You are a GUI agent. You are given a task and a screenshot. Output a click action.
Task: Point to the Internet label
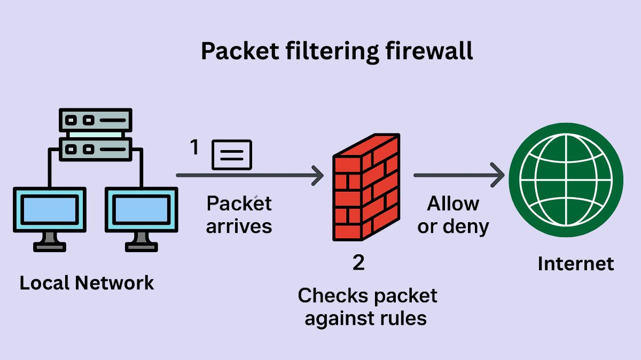tap(576, 264)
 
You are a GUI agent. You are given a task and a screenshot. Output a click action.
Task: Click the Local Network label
tap(87, 283)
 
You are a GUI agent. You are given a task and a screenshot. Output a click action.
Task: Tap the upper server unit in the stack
tap(96, 120)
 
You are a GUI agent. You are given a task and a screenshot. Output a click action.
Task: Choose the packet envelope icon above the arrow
tap(232, 155)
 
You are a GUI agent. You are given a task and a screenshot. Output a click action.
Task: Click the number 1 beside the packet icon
tap(196, 148)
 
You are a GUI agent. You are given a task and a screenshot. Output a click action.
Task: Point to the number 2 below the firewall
tap(358, 263)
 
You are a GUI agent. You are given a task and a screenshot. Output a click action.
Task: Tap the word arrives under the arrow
tap(239, 226)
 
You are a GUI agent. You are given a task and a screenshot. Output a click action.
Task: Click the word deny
tap(468, 226)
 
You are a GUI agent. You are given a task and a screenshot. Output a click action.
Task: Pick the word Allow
tap(453, 204)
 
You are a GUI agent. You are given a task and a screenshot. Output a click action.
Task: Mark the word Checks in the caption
tap(326, 295)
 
